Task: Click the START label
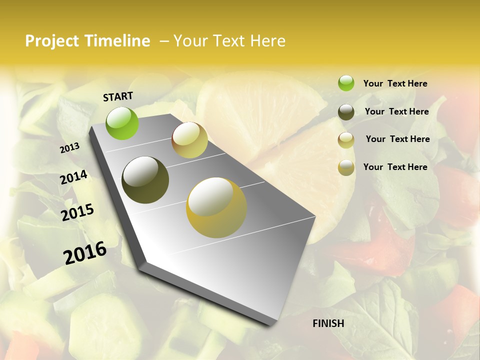118,96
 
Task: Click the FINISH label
328,323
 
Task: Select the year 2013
70,147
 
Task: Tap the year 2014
73,177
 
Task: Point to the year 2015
77,212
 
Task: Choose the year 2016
85,252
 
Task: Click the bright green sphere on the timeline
122,123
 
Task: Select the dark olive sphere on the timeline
145,180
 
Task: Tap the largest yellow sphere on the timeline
216,207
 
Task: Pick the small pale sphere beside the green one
189,140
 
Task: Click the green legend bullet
346,83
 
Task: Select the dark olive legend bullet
346,112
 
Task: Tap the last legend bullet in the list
346,167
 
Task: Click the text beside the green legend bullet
395,84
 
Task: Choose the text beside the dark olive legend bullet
396,111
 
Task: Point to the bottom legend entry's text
395,167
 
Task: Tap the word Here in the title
264,41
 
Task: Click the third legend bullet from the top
346,140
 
